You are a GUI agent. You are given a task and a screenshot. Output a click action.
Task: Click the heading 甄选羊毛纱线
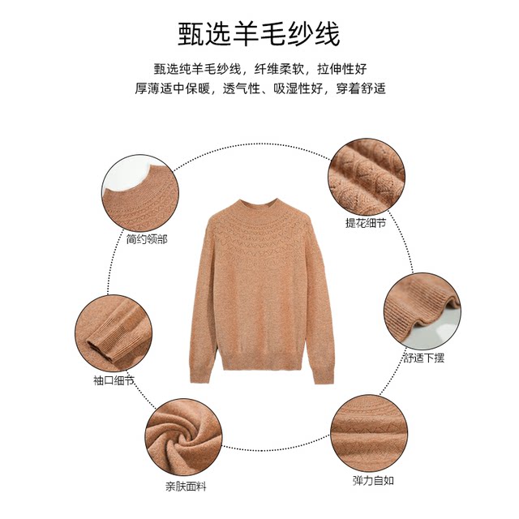tap(259, 34)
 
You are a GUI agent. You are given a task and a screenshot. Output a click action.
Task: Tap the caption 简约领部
tap(147, 240)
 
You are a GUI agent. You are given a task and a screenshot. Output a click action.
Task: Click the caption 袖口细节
tap(114, 380)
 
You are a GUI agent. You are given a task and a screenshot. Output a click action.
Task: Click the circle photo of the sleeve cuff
tap(114, 332)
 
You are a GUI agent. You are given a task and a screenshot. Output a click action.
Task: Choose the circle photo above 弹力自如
tap(372, 433)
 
